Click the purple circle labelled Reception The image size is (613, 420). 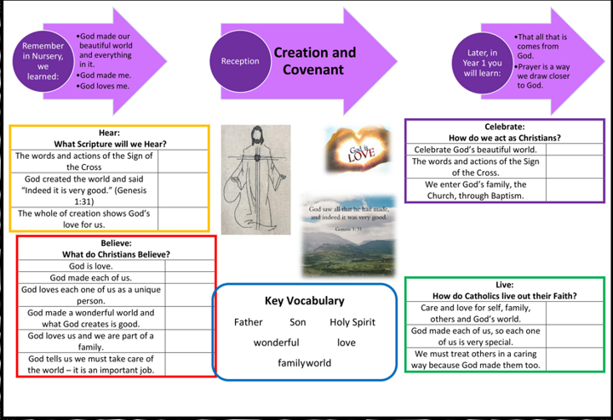pyautogui.click(x=240, y=61)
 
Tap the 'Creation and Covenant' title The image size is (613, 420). pyautogui.click(x=314, y=61)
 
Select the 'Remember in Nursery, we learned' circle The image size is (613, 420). pyautogui.click(x=43, y=60)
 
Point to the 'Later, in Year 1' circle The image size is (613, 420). pyautogui.click(x=482, y=62)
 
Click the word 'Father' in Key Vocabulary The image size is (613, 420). pyautogui.click(x=249, y=322)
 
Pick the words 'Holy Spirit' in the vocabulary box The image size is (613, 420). pyautogui.click(x=352, y=322)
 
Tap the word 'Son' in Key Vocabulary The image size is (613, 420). pyautogui.click(x=297, y=322)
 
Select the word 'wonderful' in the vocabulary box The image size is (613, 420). pyautogui.click(x=276, y=343)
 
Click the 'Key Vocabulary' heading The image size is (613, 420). pyautogui.click(x=304, y=301)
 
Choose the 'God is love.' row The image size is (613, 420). pyautogui.click(x=89, y=266)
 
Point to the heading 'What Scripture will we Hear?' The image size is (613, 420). pyautogui.click(x=110, y=144)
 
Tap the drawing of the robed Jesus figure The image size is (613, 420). pyautogui.click(x=255, y=179)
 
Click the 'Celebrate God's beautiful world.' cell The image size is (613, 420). pyautogui.click(x=475, y=150)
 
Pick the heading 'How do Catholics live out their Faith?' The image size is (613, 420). pyautogui.click(x=504, y=296)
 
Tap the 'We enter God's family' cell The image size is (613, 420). pyautogui.click(x=476, y=190)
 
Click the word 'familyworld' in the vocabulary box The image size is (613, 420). pyautogui.click(x=304, y=363)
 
